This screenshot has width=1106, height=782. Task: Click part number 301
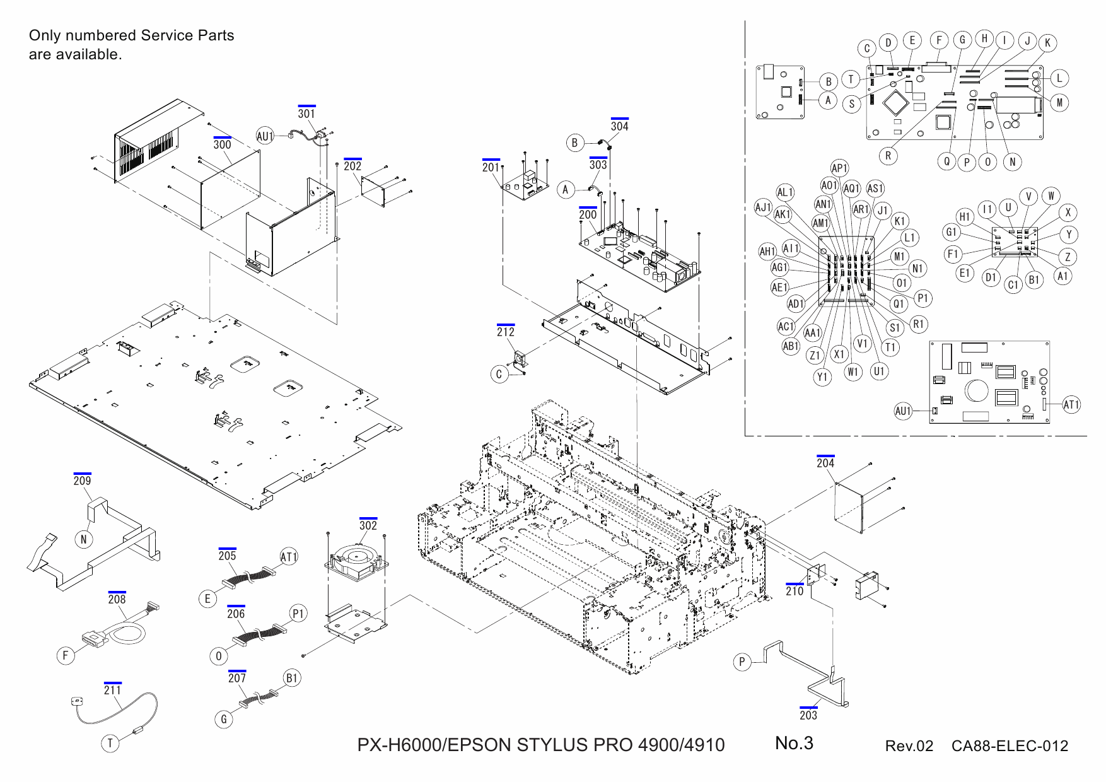pos(306,114)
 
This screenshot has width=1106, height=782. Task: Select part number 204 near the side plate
pos(825,463)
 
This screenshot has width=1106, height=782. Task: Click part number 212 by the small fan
pos(506,332)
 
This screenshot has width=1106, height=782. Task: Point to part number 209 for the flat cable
pos(82,481)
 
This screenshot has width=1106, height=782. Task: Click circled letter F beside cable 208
pos(65,655)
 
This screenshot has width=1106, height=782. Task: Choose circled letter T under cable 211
pos(110,743)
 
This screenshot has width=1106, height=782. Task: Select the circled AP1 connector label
pos(839,168)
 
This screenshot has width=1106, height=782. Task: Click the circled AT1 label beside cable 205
pos(288,557)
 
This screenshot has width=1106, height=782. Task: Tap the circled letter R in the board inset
pos(888,156)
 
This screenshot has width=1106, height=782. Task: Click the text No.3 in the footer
pos(794,744)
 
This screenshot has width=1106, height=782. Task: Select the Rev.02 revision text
pos(909,746)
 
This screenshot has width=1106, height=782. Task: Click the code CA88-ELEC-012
pos(1010,746)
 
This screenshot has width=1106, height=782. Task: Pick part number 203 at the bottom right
pos(808,715)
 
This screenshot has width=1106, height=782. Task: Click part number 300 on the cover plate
pos(222,144)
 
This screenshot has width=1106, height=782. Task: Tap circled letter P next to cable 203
pos(742,662)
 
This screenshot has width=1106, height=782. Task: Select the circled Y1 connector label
pos(822,377)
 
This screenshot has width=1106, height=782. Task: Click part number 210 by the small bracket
pos(795,591)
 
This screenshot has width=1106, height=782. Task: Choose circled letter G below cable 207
pos(224,719)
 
